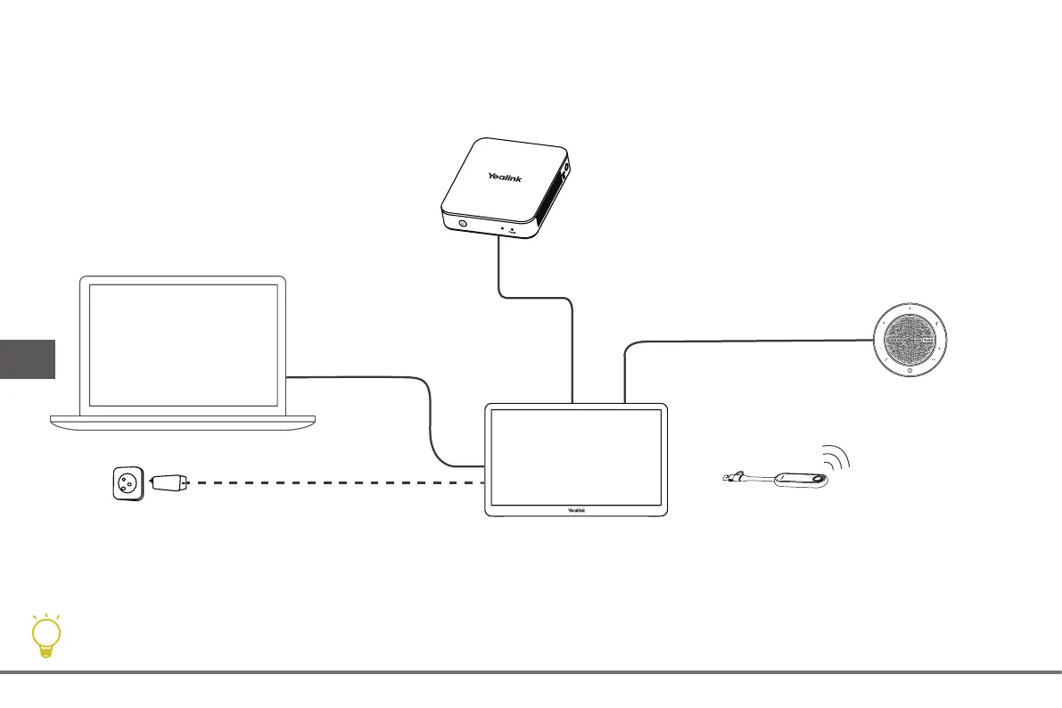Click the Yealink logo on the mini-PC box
(x=505, y=178)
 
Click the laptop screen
(x=183, y=342)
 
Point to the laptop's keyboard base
(x=184, y=419)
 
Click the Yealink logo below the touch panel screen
(x=576, y=510)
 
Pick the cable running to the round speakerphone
(x=749, y=339)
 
